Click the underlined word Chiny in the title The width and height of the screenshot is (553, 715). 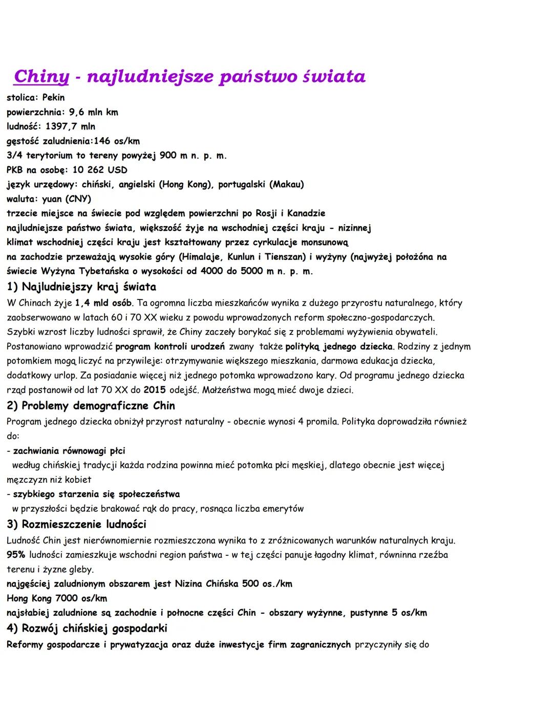tap(41, 76)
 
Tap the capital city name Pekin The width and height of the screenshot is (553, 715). tap(53, 97)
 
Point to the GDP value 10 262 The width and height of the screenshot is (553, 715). tap(88, 169)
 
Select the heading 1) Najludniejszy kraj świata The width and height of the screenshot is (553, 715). tap(81, 287)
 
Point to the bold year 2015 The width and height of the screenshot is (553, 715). tap(154, 390)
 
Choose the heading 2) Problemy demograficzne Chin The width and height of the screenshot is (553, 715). tap(91, 406)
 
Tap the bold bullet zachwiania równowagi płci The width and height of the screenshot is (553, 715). tap(69, 451)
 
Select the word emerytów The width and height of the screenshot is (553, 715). tap(283, 509)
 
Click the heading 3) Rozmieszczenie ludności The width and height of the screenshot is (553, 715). tap(76, 524)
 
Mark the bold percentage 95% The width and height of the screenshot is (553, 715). tap(16, 555)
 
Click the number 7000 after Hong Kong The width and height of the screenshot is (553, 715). tap(67, 598)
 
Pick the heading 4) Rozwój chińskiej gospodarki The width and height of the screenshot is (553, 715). tap(87, 628)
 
